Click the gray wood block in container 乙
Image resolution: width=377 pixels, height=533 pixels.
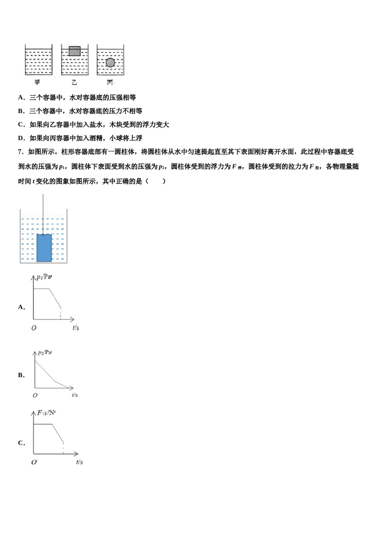click(x=74, y=51)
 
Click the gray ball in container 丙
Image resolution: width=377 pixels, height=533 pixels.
click(x=110, y=63)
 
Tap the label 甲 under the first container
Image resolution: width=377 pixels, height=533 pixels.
click(x=37, y=82)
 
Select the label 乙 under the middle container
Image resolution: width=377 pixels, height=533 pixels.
click(x=74, y=82)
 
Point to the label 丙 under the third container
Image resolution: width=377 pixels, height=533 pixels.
click(x=110, y=82)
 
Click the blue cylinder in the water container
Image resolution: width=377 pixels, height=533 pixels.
click(x=44, y=248)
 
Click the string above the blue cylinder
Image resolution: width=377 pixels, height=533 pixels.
click(x=43, y=214)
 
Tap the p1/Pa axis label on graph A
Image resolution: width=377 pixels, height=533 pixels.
click(x=44, y=277)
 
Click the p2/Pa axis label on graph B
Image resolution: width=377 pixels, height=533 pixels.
click(x=44, y=353)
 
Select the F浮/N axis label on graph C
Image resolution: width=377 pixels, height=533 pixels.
click(x=46, y=413)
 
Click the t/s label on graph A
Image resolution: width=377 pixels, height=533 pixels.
click(x=76, y=328)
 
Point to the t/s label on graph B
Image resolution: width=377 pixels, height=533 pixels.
click(x=75, y=395)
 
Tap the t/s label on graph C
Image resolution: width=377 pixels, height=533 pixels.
click(x=79, y=462)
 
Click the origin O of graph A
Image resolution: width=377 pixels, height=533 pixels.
click(x=34, y=328)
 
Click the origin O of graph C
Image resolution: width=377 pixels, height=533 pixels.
click(x=34, y=462)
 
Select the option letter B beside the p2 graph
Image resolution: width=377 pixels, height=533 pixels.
click(x=21, y=375)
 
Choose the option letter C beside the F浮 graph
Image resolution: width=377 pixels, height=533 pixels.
click(x=21, y=443)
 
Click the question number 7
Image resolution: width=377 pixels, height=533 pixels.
click(x=20, y=152)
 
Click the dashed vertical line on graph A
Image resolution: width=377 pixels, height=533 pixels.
click(x=61, y=314)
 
